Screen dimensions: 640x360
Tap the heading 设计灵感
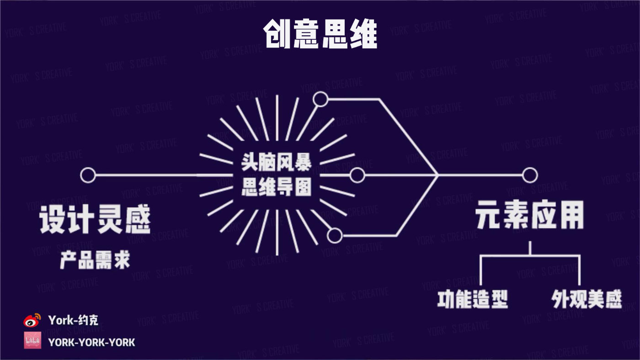[95, 220]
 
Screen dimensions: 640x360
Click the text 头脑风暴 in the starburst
[277, 162]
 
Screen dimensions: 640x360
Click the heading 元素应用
[530, 216]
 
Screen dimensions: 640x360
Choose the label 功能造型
[472, 299]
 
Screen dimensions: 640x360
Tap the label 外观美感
[587, 299]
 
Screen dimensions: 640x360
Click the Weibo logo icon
[32, 320]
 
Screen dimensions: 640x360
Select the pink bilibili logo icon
[32, 341]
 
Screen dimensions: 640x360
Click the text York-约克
[73, 320]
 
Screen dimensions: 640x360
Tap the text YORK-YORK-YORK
[91, 342]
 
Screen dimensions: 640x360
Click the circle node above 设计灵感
[88, 175]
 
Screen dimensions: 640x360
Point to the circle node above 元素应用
[530, 175]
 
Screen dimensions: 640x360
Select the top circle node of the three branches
[320, 99]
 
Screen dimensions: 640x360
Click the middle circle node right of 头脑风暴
[357, 175]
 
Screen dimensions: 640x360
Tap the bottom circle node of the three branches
[335, 236]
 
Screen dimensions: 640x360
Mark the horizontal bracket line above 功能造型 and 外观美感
[530, 256]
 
